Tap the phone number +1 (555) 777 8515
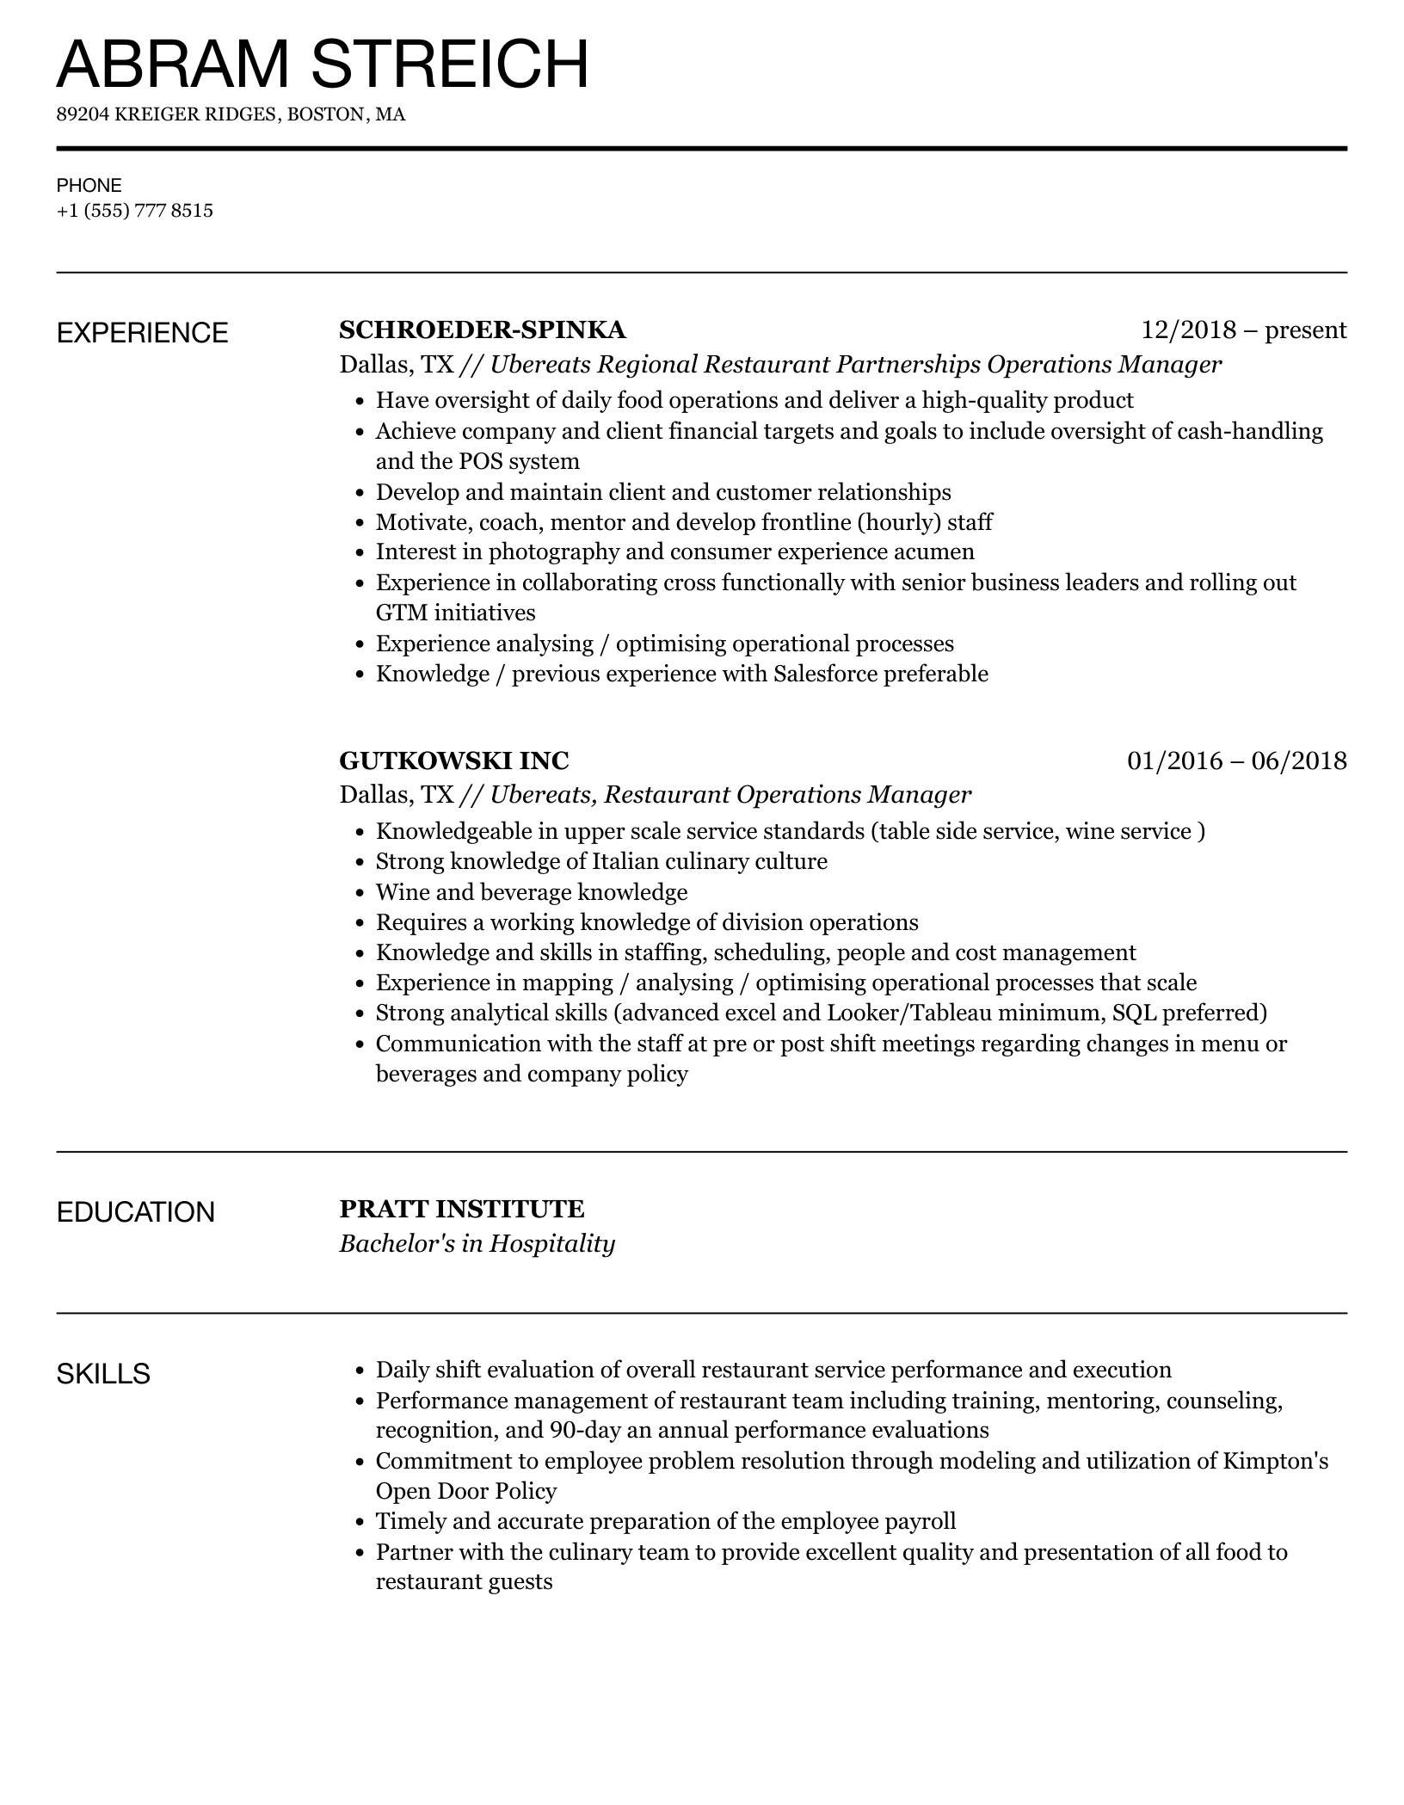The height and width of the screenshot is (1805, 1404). coord(134,211)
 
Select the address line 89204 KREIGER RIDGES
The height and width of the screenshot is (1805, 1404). coord(231,114)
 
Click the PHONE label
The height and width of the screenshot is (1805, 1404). coord(89,185)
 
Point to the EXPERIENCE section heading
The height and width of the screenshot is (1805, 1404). coord(142,333)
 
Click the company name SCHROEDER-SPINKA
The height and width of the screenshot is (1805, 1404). coord(482,330)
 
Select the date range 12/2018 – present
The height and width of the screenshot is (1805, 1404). coord(1243,330)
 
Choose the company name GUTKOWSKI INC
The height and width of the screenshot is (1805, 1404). coord(453,761)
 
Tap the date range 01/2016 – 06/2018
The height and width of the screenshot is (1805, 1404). coord(1236,761)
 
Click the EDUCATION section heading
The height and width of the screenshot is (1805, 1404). coord(135,1212)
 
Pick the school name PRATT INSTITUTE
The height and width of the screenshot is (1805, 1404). coord(461,1209)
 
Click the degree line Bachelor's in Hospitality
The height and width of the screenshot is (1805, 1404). coord(477,1244)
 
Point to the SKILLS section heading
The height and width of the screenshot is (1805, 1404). coord(103,1374)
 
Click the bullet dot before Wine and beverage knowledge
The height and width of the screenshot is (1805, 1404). coord(360,893)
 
